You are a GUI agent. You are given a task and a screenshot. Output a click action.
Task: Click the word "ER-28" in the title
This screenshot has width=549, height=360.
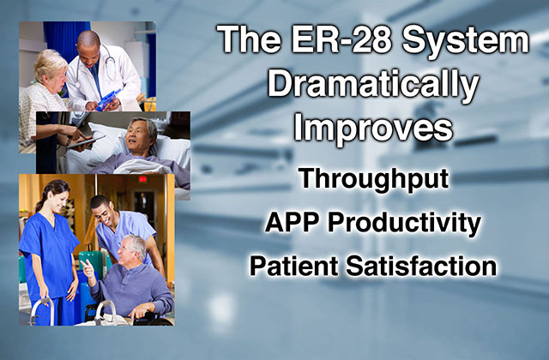[x=341, y=39]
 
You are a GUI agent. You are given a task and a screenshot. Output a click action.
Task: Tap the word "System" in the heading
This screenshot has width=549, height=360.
[x=466, y=41]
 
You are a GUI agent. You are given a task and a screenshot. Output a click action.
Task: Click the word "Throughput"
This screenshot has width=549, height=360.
[x=373, y=180]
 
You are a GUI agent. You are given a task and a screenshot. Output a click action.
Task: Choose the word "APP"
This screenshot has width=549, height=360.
[x=293, y=222]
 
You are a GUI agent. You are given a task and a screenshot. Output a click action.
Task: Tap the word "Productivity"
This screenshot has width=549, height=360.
[x=404, y=224]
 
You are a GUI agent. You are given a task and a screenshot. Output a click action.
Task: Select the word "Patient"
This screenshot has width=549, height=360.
[x=293, y=266]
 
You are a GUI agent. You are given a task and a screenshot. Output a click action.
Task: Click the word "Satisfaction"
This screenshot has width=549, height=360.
[x=421, y=266]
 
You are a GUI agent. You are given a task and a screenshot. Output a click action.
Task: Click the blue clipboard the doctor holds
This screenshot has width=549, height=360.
[x=108, y=99]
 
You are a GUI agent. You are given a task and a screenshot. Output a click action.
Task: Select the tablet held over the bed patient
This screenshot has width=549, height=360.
[x=85, y=142]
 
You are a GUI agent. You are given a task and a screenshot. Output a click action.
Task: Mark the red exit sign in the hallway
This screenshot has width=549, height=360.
[x=142, y=179]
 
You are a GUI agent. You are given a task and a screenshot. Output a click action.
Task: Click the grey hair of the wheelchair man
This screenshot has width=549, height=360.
[x=135, y=243]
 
